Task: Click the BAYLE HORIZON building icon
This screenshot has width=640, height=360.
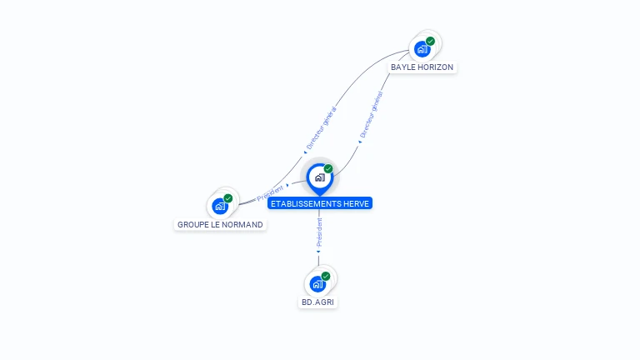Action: [x=422, y=49]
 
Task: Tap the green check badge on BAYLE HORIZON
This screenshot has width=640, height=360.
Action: [x=430, y=41]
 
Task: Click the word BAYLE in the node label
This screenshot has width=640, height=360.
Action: [x=404, y=67]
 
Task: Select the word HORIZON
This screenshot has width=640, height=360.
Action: [x=437, y=67]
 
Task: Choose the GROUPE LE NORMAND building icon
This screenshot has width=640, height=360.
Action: [x=220, y=206]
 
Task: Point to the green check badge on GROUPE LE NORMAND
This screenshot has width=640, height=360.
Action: [x=228, y=198]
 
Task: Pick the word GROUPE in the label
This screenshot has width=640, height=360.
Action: [x=192, y=225]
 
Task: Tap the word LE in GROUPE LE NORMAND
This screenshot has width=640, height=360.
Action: [x=214, y=225]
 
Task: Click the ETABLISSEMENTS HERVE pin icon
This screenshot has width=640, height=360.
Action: [x=319, y=177]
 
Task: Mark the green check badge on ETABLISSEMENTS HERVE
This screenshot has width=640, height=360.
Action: [x=328, y=169]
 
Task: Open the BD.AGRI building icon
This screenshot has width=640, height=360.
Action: [x=317, y=284]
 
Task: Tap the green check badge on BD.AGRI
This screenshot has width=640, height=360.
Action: [x=326, y=276]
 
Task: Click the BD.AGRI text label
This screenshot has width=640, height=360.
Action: [x=318, y=302]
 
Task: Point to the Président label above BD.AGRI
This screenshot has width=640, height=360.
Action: [x=318, y=232]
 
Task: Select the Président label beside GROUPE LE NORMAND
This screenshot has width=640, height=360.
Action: [x=270, y=193]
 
